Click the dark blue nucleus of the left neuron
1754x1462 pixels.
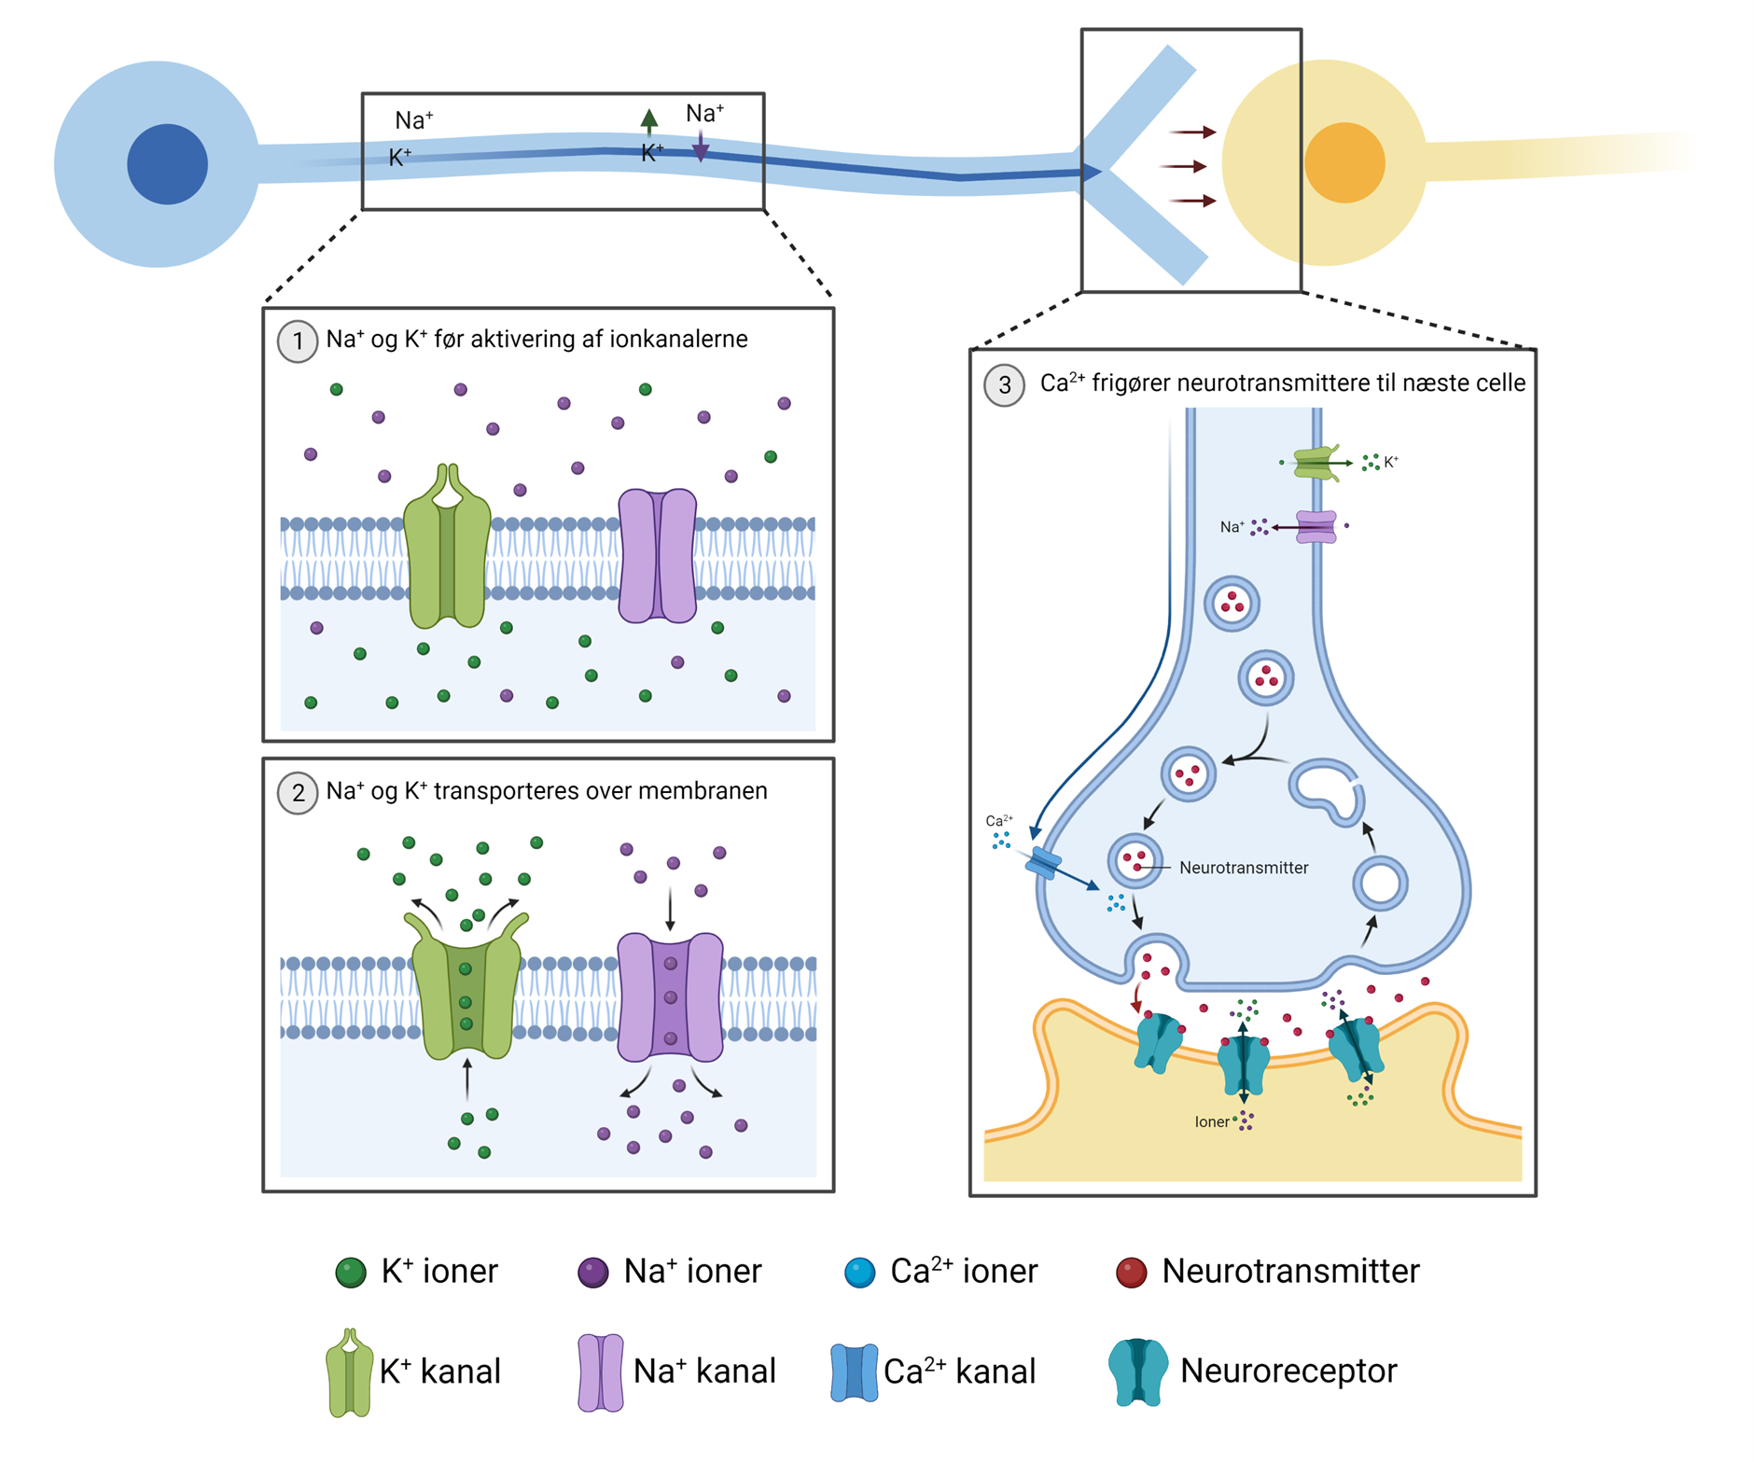(x=167, y=164)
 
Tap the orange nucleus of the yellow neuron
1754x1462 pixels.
(x=1344, y=163)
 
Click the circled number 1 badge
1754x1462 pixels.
(x=298, y=341)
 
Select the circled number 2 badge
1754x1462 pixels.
(x=298, y=793)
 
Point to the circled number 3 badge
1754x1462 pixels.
(x=1004, y=385)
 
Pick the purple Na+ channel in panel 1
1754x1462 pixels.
(x=658, y=556)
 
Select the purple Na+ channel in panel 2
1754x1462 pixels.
(x=670, y=997)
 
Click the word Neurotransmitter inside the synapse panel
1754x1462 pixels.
(x=1243, y=868)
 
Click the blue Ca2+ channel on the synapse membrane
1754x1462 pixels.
(x=1043, y=864)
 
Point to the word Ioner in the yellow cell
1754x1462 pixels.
(x=1212, y=1121)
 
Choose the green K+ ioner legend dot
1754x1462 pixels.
(x=351, y=1273)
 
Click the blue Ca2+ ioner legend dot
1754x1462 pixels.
(x=859, y=1273)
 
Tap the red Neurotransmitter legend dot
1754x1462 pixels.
(x=1131, y=1273)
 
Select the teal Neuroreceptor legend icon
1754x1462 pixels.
(x=1137, y=1371)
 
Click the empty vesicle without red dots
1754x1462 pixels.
(x=1380, y=883)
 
